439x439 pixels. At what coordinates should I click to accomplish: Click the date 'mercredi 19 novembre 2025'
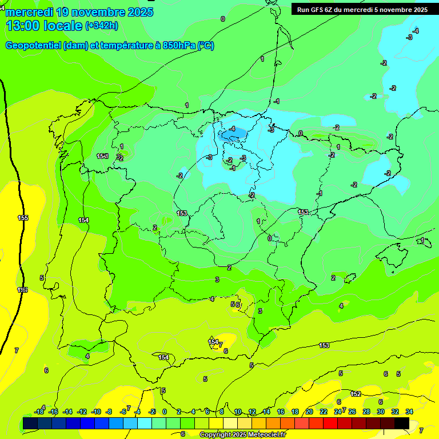click(79, 12)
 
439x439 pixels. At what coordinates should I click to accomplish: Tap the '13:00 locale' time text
click(43, 26)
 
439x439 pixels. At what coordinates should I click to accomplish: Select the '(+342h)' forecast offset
click(102, 26)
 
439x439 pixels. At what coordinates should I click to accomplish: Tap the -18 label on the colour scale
click(39, 412)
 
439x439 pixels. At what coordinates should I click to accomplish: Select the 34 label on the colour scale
click(409, 412)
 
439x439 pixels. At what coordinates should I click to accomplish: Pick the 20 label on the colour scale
click(309, 412)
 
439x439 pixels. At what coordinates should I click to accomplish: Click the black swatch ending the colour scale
click(402, 423)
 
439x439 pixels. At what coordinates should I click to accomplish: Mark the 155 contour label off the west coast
click(23, 218)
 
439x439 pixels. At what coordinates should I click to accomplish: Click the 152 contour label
click(356, 394)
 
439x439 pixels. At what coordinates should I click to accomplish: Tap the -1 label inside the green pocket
click(233, 168)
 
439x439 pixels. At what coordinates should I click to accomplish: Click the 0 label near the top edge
click(222, 19)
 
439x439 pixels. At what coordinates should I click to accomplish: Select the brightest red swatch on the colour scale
click(330, 423)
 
